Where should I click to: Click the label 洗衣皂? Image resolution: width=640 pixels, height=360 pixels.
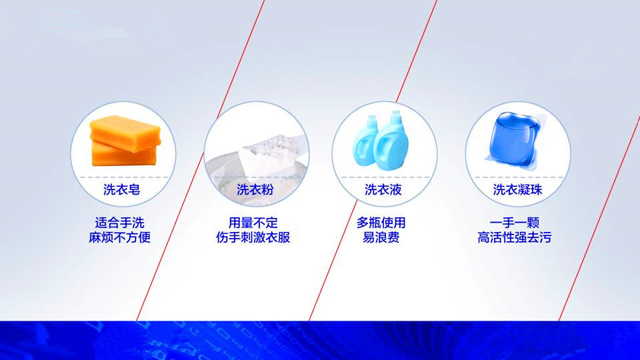[x=121, y=189]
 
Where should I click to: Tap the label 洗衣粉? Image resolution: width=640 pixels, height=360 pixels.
[x=255, y=189]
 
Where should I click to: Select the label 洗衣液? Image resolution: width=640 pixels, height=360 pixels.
[x=383, y=189]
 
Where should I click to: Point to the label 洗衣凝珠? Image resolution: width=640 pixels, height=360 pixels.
[x=517, y=189]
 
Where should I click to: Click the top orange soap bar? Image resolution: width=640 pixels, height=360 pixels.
[x=125, y=133]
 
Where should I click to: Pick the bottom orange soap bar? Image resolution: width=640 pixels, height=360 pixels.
[x=123, y=155]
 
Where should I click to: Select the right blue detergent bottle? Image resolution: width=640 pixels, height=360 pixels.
[x=391, y=141]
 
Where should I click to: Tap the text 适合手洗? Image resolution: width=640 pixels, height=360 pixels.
[x=119, y=223]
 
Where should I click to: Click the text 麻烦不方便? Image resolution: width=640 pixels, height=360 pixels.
[x=119, y=237]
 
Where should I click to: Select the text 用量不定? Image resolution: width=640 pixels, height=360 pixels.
[x=253, y=223]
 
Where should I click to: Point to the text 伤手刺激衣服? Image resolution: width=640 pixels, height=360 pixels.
[x=253, y=237]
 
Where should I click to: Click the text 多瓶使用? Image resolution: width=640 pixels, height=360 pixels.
[x=381, y=223]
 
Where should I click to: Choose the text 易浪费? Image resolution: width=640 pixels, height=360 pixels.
[x=381, y=237]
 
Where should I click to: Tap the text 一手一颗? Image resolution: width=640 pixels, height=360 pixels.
[x=515, y=223]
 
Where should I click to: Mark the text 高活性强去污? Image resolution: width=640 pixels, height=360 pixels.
[x=515, y=237]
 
